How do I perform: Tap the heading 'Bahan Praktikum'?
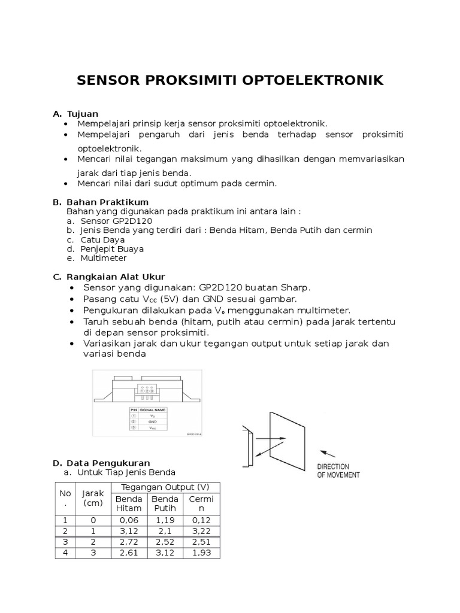(x=107, y=202)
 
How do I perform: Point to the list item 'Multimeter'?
(x=104, y=258)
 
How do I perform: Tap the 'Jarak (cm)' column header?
(x=93, y=498)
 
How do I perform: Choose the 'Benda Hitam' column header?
(x=129, y=503)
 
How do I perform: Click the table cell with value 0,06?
(x=129, y=520)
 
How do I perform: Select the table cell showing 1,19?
(x=165, y=520)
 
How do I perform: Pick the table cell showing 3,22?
(x=201, y=531)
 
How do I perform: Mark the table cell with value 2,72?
(x=129, y=542)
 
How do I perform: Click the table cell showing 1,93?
(x=201, y=553)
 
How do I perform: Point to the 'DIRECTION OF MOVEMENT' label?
(x=338, y=471)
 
